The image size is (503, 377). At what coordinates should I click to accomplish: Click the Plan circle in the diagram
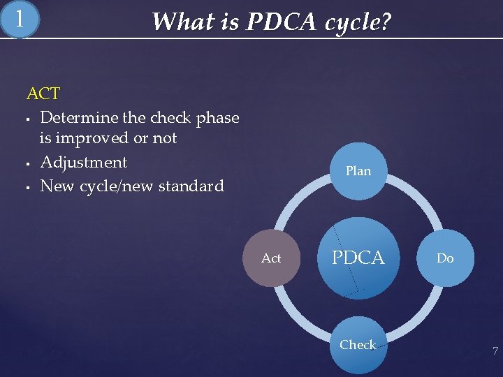[x=358, y=171]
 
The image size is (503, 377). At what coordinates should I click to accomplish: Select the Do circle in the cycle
[x=445, y=258]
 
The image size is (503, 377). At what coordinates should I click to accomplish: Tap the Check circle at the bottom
[x=358, y=345]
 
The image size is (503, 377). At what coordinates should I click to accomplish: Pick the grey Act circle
[x=271, y=258]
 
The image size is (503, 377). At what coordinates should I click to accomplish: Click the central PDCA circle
[x=358, y=258]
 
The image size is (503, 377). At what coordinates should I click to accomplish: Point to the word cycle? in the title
[x=358, y=22]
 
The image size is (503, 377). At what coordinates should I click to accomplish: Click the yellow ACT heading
[x=43, y=94]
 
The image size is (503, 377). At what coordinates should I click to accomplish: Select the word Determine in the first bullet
[x=76, y=118]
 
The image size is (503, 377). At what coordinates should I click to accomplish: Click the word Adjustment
[x=84, y=163]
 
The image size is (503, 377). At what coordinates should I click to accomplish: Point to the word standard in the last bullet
[x=191, y=186]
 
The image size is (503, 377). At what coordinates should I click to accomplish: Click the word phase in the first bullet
[x=217, y=118]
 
